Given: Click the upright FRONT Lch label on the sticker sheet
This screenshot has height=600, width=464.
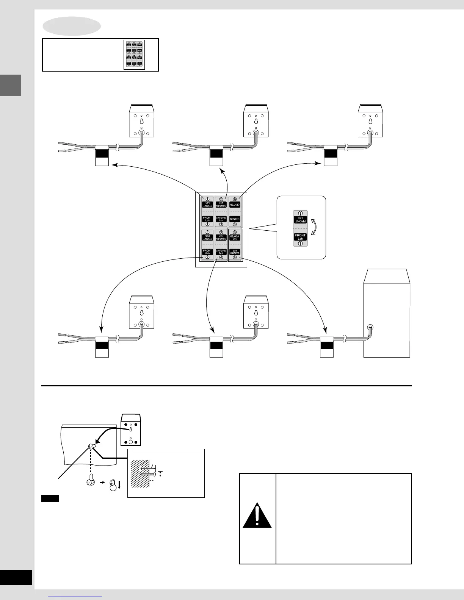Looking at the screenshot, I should (x=207, y=219).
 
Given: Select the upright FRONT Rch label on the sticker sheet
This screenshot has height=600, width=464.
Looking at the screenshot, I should (x=207, y=252).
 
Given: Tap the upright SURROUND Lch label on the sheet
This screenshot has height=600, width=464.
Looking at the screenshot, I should (x=221, y=219).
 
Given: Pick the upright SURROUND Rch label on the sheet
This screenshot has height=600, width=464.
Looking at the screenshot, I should (x=221, y=252).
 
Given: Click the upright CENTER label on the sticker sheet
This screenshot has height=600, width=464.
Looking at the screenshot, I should (x=235, y=219).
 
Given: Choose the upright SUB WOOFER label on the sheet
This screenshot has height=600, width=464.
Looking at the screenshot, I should (x=235, y=252).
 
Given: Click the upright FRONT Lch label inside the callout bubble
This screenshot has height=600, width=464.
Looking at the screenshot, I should (x=300, y=237).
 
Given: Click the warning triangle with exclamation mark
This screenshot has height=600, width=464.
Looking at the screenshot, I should (x=257, y=516).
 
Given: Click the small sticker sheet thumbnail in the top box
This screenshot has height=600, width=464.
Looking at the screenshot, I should (x=134, y=55).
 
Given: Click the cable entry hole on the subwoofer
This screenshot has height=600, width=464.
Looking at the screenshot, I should (x=370, y=327).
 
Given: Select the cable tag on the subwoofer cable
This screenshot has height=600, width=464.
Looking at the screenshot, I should (x=327, y=347).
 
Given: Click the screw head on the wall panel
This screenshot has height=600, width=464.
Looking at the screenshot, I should (x=91, y=447).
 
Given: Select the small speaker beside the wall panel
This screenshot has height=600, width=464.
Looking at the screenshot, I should (x=130, y=430).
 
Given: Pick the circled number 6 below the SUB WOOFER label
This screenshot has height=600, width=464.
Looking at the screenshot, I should (x=235, y=258).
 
